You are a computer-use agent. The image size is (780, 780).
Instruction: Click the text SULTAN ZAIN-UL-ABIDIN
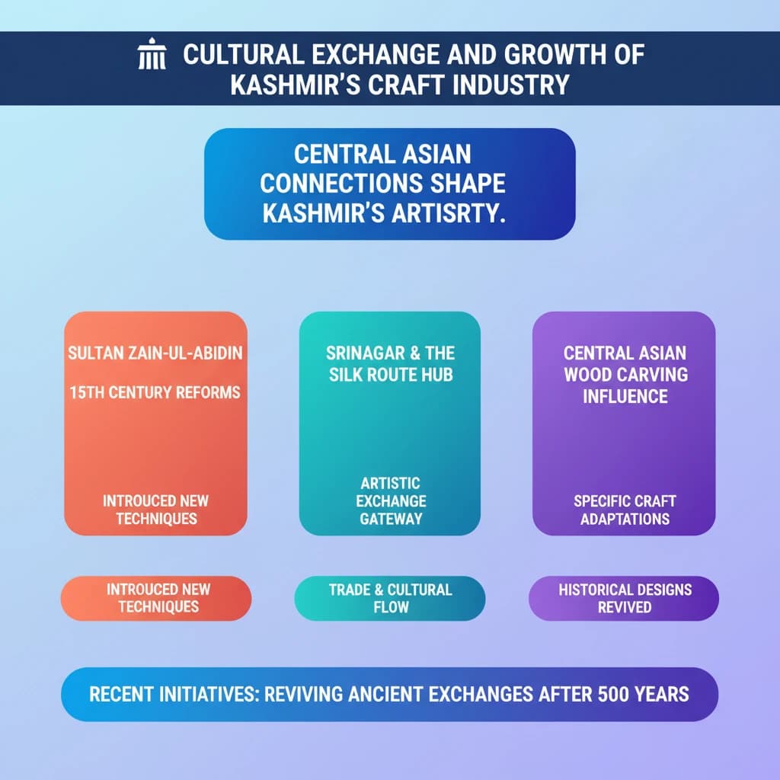[x=155, y=354]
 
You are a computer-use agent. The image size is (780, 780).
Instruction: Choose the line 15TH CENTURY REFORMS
[x=155, y=393]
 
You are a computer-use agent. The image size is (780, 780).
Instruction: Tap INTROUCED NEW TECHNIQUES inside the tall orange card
[x=156, y=510]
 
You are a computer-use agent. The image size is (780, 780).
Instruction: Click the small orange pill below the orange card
[x=155, y=597]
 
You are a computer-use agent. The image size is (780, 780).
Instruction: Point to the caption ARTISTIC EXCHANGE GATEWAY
[x=389, y=500]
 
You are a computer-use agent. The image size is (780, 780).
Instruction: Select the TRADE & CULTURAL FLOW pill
[x=390, y=597]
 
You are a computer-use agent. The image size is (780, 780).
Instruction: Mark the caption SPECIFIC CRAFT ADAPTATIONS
[x=624, y=510]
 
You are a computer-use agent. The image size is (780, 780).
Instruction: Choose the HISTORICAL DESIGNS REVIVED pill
[x=624, y=597]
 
